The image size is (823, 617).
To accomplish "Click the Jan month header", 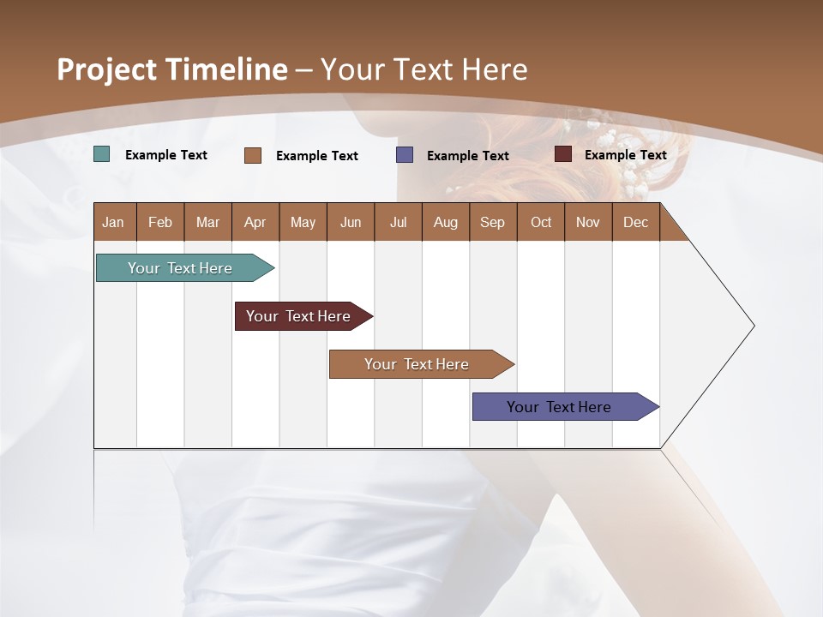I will tap(113, 222).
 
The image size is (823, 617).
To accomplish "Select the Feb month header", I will tap(160, 222).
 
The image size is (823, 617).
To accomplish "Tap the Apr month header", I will tap(255, 222).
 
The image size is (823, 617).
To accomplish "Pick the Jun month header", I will tap(351, 222).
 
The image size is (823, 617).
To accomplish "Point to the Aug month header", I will tap(445, 222).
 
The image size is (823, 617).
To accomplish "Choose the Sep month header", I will tap(492, 222).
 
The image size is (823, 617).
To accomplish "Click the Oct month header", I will tap(541, 222).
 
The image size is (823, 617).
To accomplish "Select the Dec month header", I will tap(635, 222).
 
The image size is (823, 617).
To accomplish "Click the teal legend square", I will tap(102, 154).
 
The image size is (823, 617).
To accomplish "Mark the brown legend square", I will tap(253, 155).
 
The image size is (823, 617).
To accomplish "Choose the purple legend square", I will tap(405, 155).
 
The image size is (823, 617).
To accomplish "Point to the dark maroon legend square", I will tap(563, 154).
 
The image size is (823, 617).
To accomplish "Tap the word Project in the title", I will tap(107, 69).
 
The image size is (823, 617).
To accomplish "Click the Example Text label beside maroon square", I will tap(625, 155).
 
